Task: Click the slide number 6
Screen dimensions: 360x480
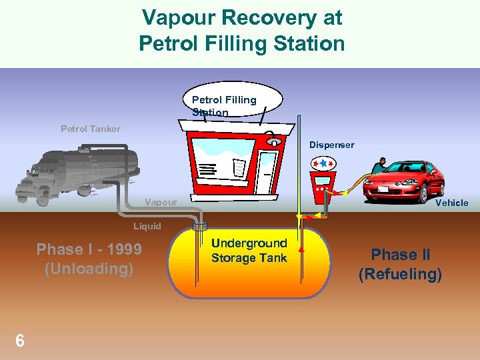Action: pos(20,341)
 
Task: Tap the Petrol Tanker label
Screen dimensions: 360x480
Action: pos(91,129)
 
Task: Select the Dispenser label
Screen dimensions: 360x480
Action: pos(331,145)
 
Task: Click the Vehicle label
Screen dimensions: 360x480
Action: pos(451,203)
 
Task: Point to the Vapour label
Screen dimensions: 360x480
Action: pos(161,202)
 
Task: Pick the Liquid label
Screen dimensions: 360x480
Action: pos(147,226)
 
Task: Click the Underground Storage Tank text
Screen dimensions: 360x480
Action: pos(249,251)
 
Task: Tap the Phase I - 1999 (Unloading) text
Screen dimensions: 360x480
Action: pos(89,259)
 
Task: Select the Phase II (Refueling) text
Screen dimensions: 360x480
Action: pos(400,264)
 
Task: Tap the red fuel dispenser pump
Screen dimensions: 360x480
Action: pos(323,180)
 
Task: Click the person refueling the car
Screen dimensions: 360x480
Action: pos(379,165)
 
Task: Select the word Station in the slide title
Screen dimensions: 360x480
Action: pos(306,44)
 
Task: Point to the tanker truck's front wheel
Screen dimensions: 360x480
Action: pos(43,197)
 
